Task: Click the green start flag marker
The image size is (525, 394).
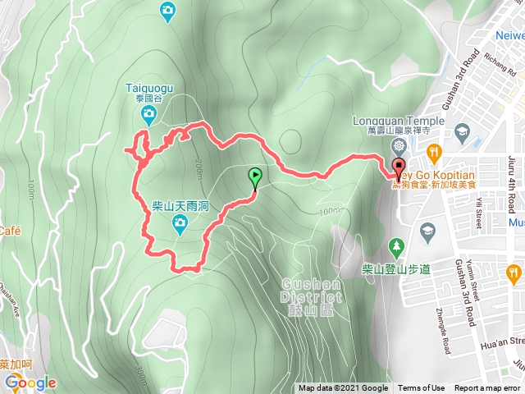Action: pos(255,175)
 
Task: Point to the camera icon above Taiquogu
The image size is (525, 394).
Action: pos(167,10)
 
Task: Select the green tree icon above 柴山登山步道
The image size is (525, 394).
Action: pos(397,245)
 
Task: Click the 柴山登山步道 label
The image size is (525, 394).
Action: pos(397,268)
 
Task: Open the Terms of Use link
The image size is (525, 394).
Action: pos(422,388)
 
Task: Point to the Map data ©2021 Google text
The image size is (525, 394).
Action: pos(343,388)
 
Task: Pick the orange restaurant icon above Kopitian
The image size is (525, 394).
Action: pos(434,151)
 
